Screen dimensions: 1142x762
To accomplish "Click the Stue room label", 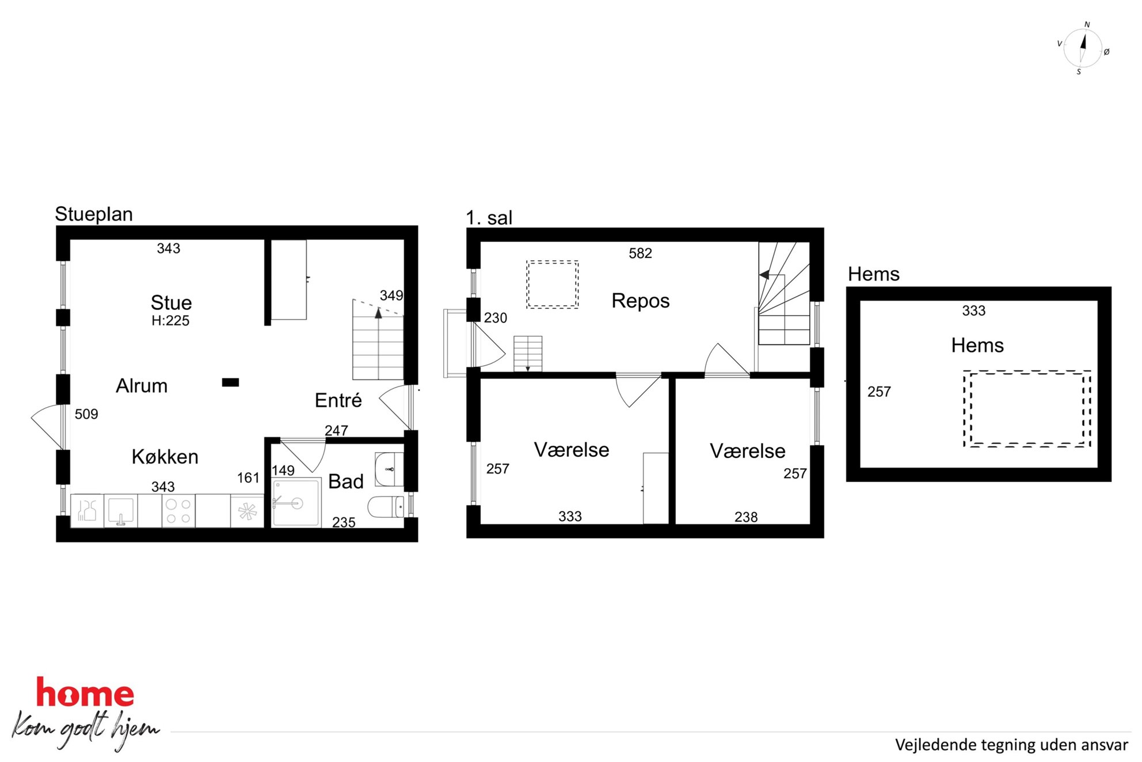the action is (171, 302).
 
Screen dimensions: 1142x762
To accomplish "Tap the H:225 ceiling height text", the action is (170, 321).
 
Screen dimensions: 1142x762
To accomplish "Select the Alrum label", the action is (142, 385).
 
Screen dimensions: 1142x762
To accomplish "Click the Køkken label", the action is (165, 457).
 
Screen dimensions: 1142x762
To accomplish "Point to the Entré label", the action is (338, 400).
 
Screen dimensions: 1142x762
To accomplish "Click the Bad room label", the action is (345, 482).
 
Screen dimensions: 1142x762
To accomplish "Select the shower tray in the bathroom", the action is (296, 502).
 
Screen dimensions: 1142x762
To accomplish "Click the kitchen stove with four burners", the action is (178, 511).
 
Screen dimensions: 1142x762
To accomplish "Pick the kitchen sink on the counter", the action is (121, 511).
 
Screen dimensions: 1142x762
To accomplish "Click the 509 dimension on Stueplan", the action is (86, 414).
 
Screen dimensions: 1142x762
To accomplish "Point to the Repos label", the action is (640, 301).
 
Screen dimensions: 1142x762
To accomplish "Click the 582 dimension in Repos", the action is (640, 253).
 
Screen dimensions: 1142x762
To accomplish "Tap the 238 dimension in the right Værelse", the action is (746, 517).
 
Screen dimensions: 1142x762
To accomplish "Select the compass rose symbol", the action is (1083, 48).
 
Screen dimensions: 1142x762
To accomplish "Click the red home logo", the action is (85, 693).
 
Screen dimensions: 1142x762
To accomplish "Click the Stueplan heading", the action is (94, 214).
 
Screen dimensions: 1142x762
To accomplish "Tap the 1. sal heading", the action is (489, 218).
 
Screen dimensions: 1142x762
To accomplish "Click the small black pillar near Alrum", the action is (230, 382).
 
